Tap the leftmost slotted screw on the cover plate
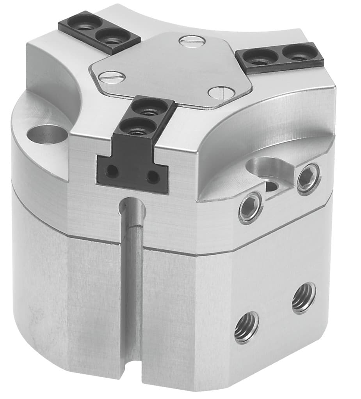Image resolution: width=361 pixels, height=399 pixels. (112, 76)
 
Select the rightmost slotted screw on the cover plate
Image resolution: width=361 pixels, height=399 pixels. (219, 92)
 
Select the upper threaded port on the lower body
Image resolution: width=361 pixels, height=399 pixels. (304, 297)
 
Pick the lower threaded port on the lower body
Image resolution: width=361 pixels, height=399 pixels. (247, 327)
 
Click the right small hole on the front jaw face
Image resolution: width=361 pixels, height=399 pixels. (153, 177)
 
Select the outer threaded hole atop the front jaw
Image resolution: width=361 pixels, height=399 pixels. (136, 127)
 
